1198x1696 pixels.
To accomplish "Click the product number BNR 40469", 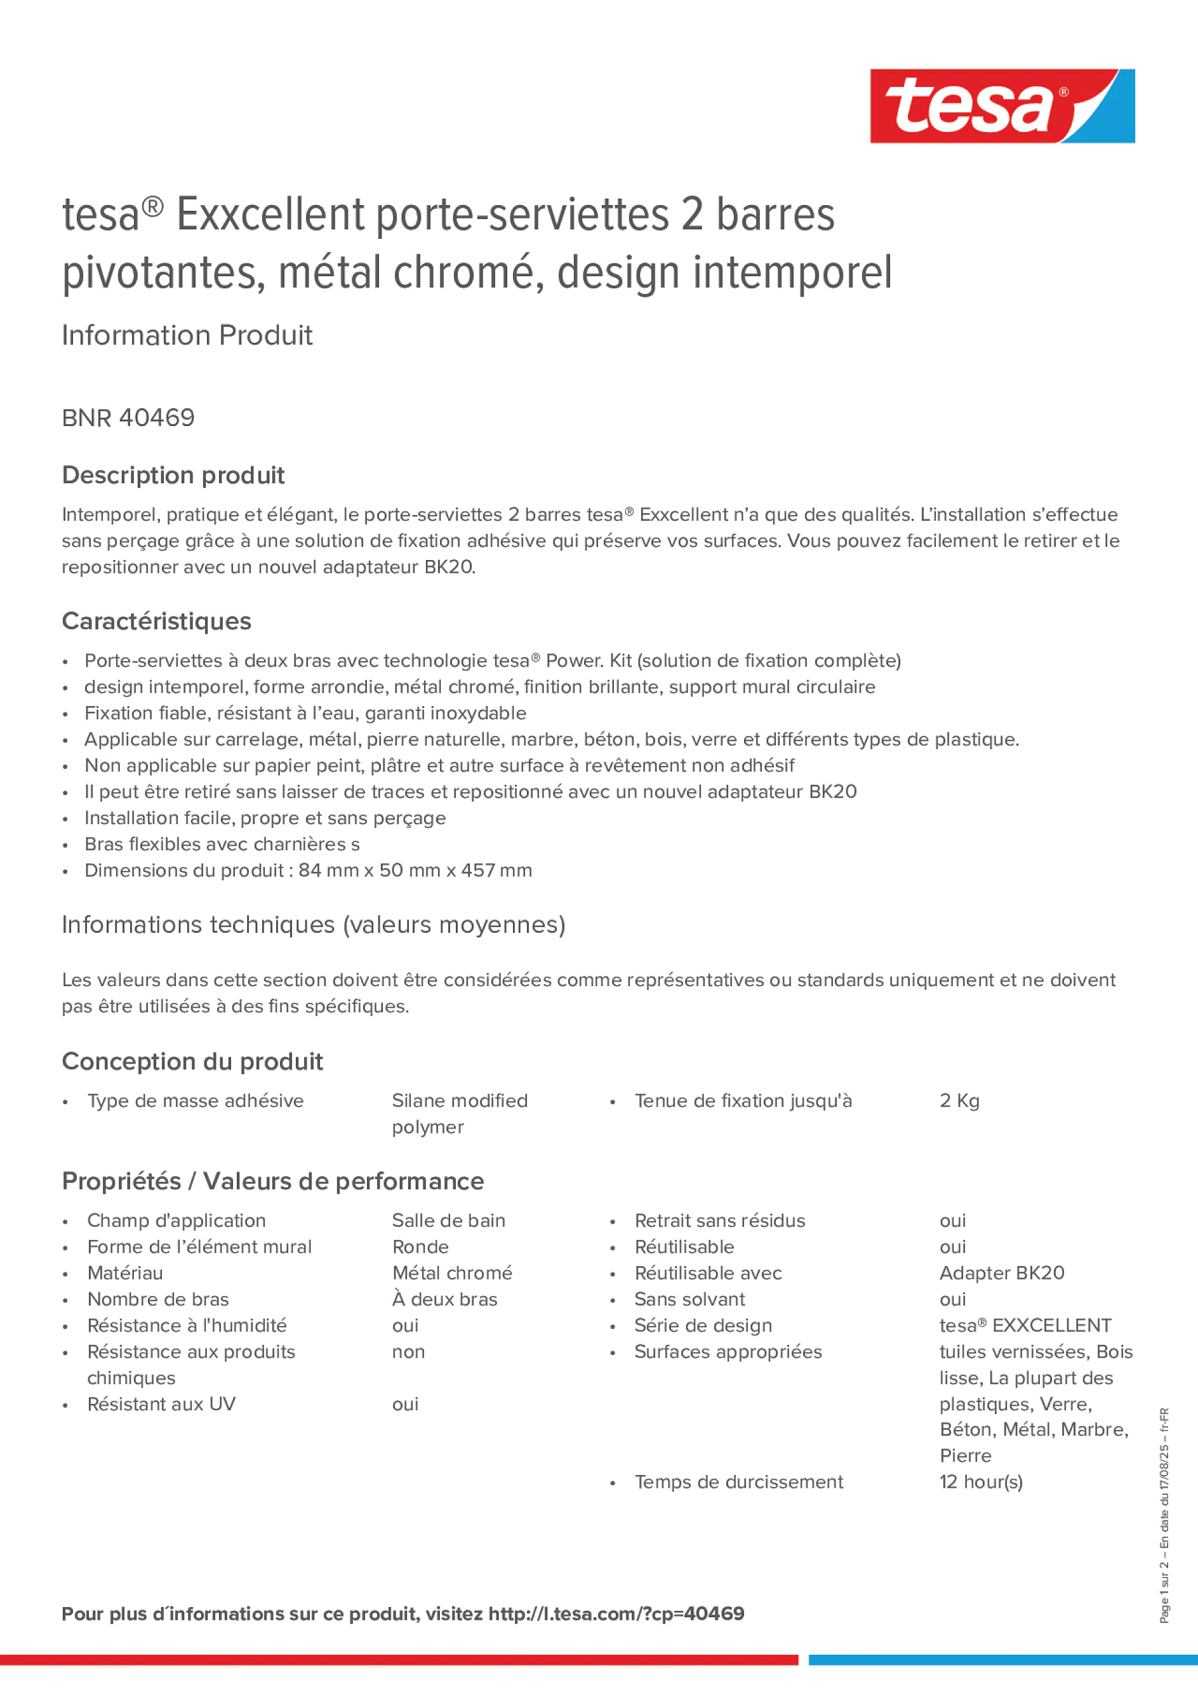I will tap(128, 418).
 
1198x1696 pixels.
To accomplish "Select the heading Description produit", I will tap(173, 475).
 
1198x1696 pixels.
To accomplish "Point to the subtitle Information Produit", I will tap(187, 335).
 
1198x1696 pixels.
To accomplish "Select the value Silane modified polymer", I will tap(460, 1113).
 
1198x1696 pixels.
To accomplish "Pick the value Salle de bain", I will tap(448, 1220).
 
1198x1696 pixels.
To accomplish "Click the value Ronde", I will tap(420, 1247).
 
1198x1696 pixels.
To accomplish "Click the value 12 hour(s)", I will tap(981, 1482).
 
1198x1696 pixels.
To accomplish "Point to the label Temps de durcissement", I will tap(738, 1482).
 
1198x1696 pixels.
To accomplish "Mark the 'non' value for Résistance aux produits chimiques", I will tap(408, 1352).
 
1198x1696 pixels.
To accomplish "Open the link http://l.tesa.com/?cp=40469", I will tap(616, 1614).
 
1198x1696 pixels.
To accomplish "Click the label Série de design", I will tap(703, 1325).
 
